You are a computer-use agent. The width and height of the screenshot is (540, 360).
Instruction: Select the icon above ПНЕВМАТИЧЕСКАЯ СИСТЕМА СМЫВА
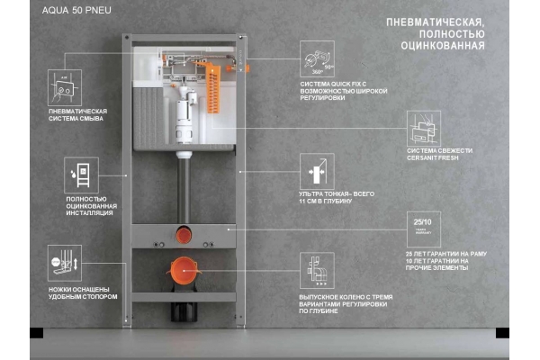[x=65, y=86]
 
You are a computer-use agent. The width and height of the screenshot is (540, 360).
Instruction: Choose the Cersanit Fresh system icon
[x=423, y=129]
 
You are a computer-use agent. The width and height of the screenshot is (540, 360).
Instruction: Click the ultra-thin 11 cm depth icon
[x=317, y=171]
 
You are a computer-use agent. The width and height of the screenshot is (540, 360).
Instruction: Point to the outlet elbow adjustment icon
[x=317, y=270]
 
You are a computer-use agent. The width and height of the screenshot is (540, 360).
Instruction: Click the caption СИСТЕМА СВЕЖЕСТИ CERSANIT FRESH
[x=437, y=155]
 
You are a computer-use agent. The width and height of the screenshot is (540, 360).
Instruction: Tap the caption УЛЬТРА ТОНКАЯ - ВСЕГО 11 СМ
[x=326, y=197]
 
